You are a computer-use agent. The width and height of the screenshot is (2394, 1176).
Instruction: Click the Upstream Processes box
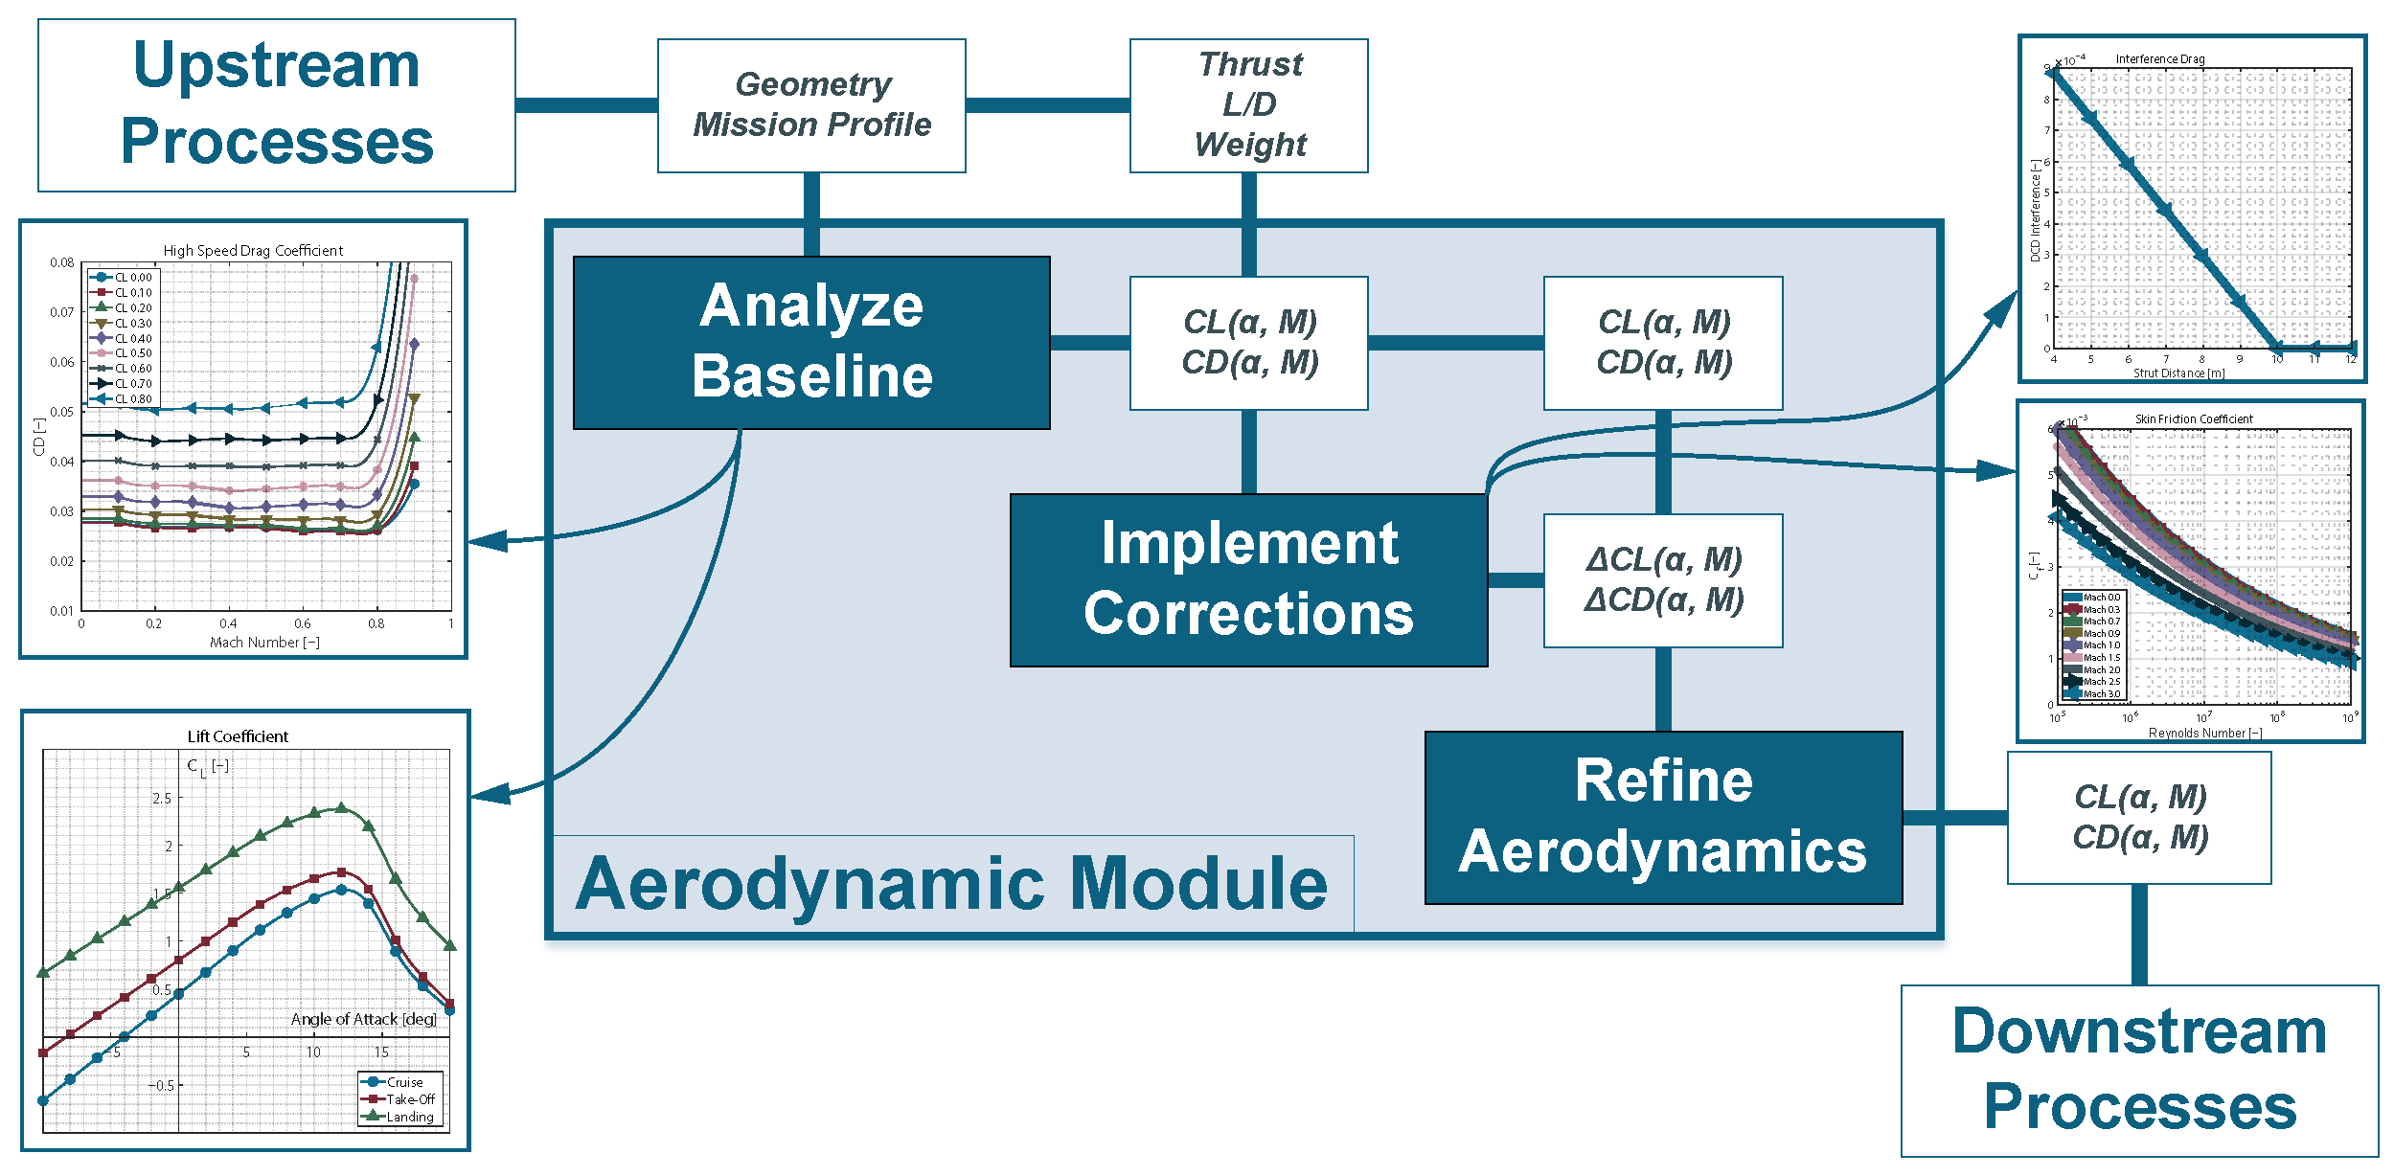(x=276, y=105)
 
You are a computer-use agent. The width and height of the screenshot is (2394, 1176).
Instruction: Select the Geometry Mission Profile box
(x=811, y=105)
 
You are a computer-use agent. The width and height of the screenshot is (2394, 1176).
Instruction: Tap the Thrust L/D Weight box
(x=1248, y=105)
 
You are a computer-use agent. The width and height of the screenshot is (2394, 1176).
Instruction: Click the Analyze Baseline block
(x=811, y=342)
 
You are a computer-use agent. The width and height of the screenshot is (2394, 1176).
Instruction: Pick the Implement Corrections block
(x=1248, y=579)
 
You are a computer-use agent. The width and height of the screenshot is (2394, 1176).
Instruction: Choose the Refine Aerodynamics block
(x=1663, y=817)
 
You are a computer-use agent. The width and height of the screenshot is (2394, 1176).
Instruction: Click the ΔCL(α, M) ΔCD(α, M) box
(x=1663, y=580)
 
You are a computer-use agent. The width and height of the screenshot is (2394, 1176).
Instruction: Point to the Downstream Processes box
(x=2139, y=1070)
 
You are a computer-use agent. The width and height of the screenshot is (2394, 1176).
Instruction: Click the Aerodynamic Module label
(x=951, y=883)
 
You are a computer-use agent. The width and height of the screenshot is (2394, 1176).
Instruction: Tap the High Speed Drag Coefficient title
(x=253, y=251)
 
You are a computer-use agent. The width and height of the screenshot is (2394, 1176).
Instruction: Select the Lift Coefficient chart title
(x=238, y=736)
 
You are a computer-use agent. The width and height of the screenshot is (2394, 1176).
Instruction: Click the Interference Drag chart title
(x=2160, y=59)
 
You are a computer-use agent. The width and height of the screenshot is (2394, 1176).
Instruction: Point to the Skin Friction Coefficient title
(x=2194, y=419)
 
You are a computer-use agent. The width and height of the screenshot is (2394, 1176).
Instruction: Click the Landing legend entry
(x=409, y=1117)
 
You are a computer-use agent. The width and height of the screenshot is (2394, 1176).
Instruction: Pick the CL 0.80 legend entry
(x=133, y=398)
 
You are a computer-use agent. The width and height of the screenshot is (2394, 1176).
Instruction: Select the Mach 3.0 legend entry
(x=2102, y=693)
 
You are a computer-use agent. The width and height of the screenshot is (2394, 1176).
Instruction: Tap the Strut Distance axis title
(x=2178, y=373)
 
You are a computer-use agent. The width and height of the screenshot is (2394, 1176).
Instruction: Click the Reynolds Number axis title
(x=2205, y=733)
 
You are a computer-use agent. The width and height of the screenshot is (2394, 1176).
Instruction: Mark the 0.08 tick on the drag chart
(x=62, y=262)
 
